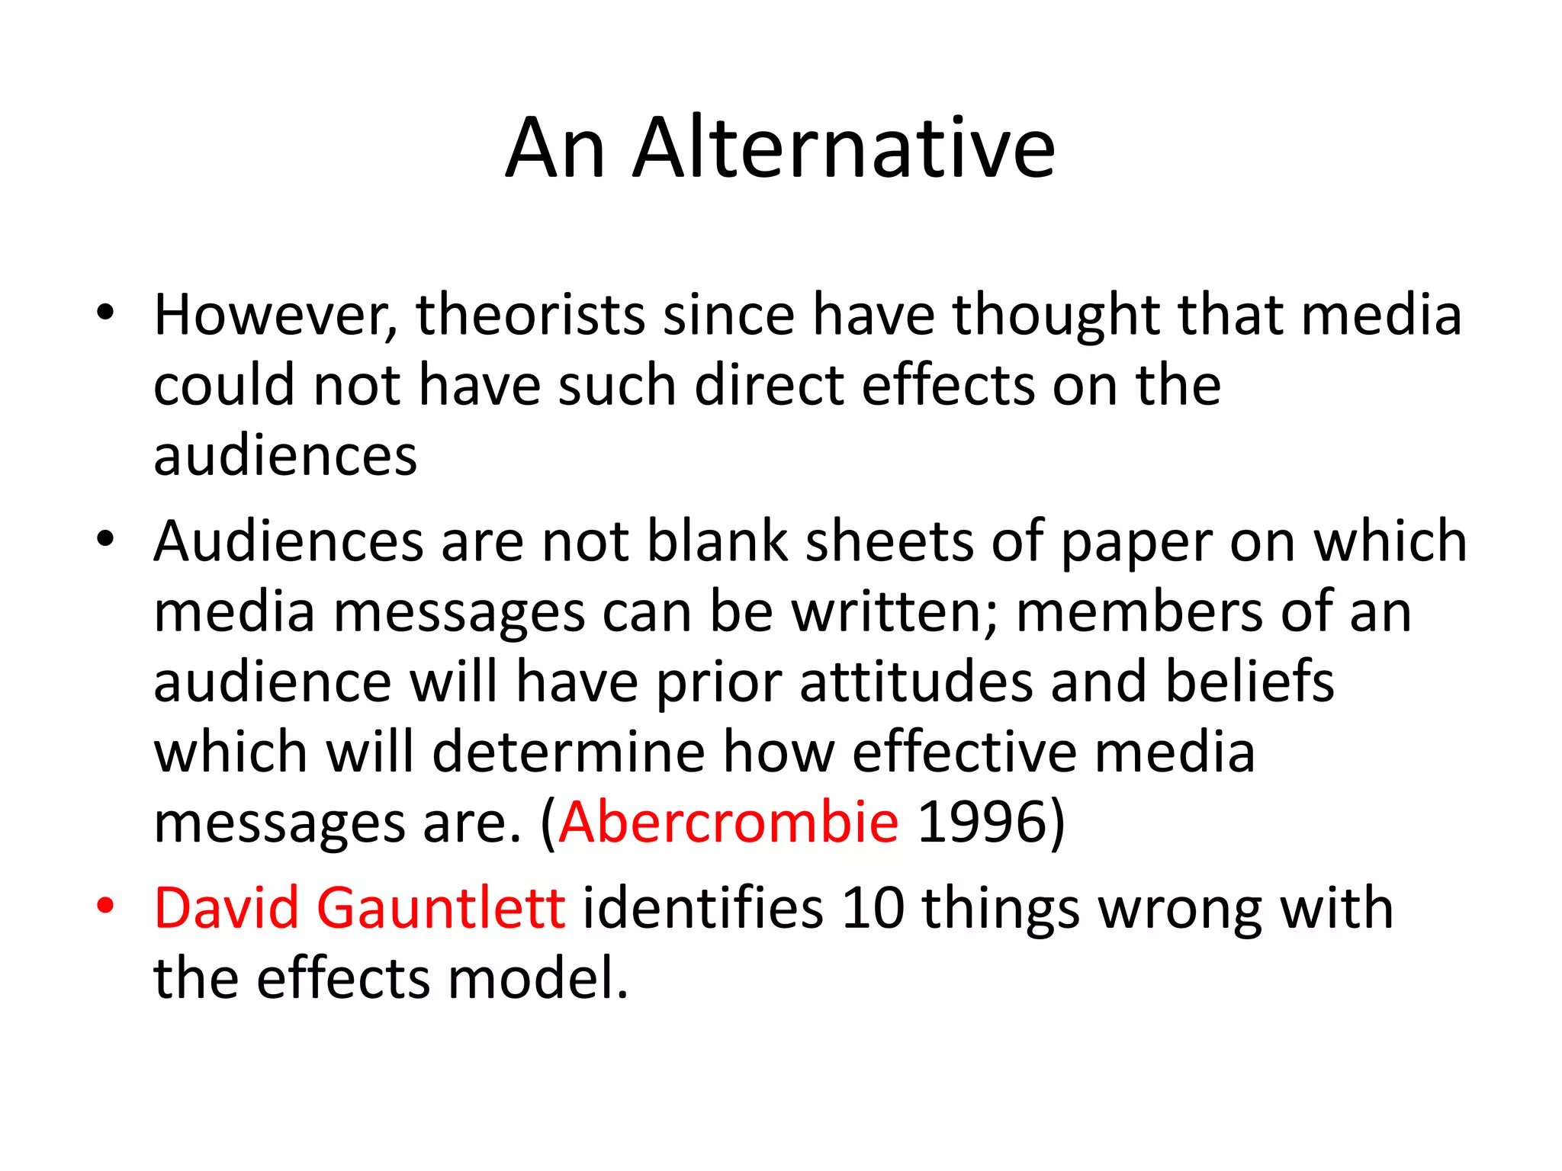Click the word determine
569,752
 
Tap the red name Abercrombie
729,823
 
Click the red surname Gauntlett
441,908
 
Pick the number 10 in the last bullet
873,908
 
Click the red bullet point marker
105,906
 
